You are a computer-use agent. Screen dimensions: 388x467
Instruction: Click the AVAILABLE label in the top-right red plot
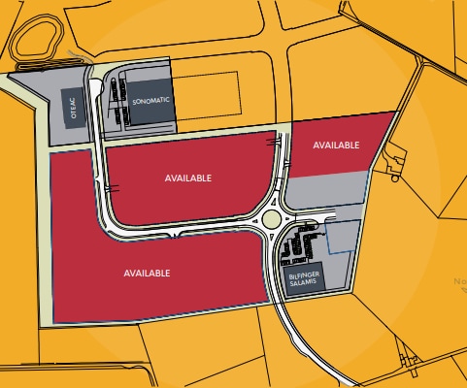coord(337,145)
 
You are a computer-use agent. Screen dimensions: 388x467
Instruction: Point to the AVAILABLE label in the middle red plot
coord(188,178)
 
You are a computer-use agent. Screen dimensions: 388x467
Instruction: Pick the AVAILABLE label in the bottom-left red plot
coord(148,273)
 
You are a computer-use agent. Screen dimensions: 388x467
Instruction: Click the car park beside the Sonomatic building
coord(117,102)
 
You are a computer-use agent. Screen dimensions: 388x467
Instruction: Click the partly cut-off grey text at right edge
coord(457,282)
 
